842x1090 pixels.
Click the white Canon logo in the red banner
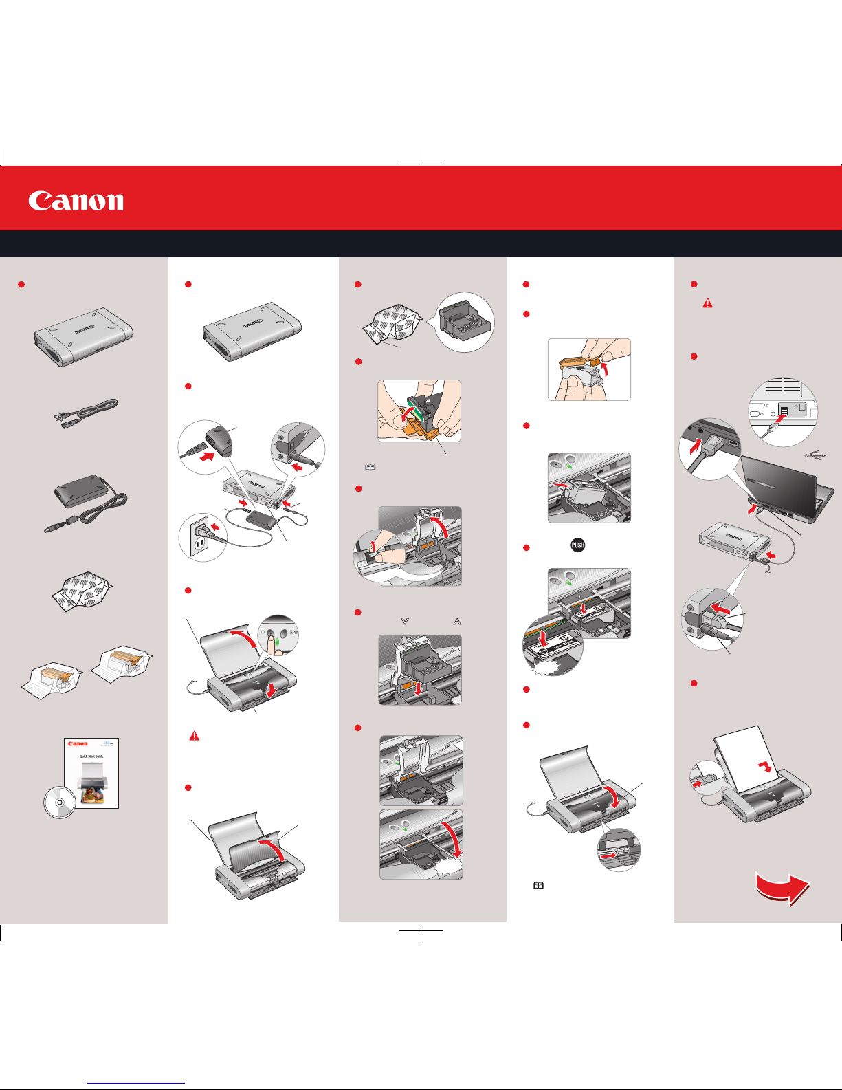coord(76,201)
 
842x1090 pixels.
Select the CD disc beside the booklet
coord(59,802)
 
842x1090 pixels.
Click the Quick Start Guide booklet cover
coord(91,773)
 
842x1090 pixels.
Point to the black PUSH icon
coord(577,545)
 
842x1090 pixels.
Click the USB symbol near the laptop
coord(815,455)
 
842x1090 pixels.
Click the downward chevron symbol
coord(405,621)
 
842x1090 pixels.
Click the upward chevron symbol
coord(457,621)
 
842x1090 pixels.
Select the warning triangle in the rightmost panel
coord(707,303)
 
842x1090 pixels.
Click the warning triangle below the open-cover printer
coord(195,736)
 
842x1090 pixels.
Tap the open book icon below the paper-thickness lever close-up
coord(539,886)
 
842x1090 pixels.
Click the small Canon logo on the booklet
coord(78,743)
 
